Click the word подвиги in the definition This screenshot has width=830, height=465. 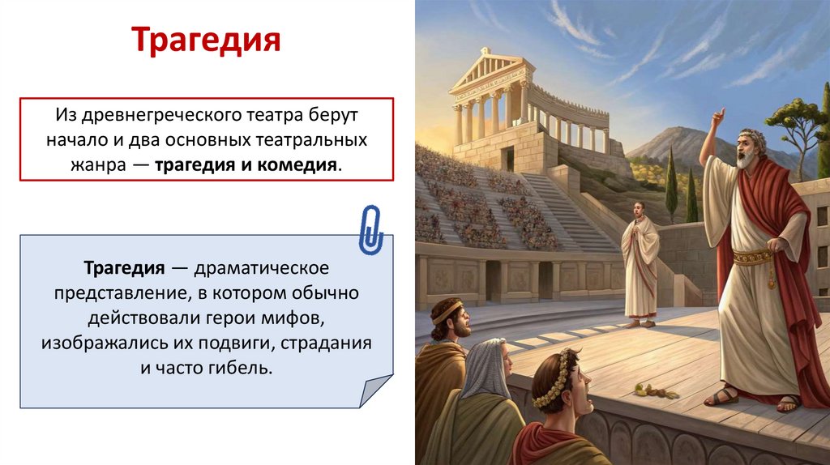236,342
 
